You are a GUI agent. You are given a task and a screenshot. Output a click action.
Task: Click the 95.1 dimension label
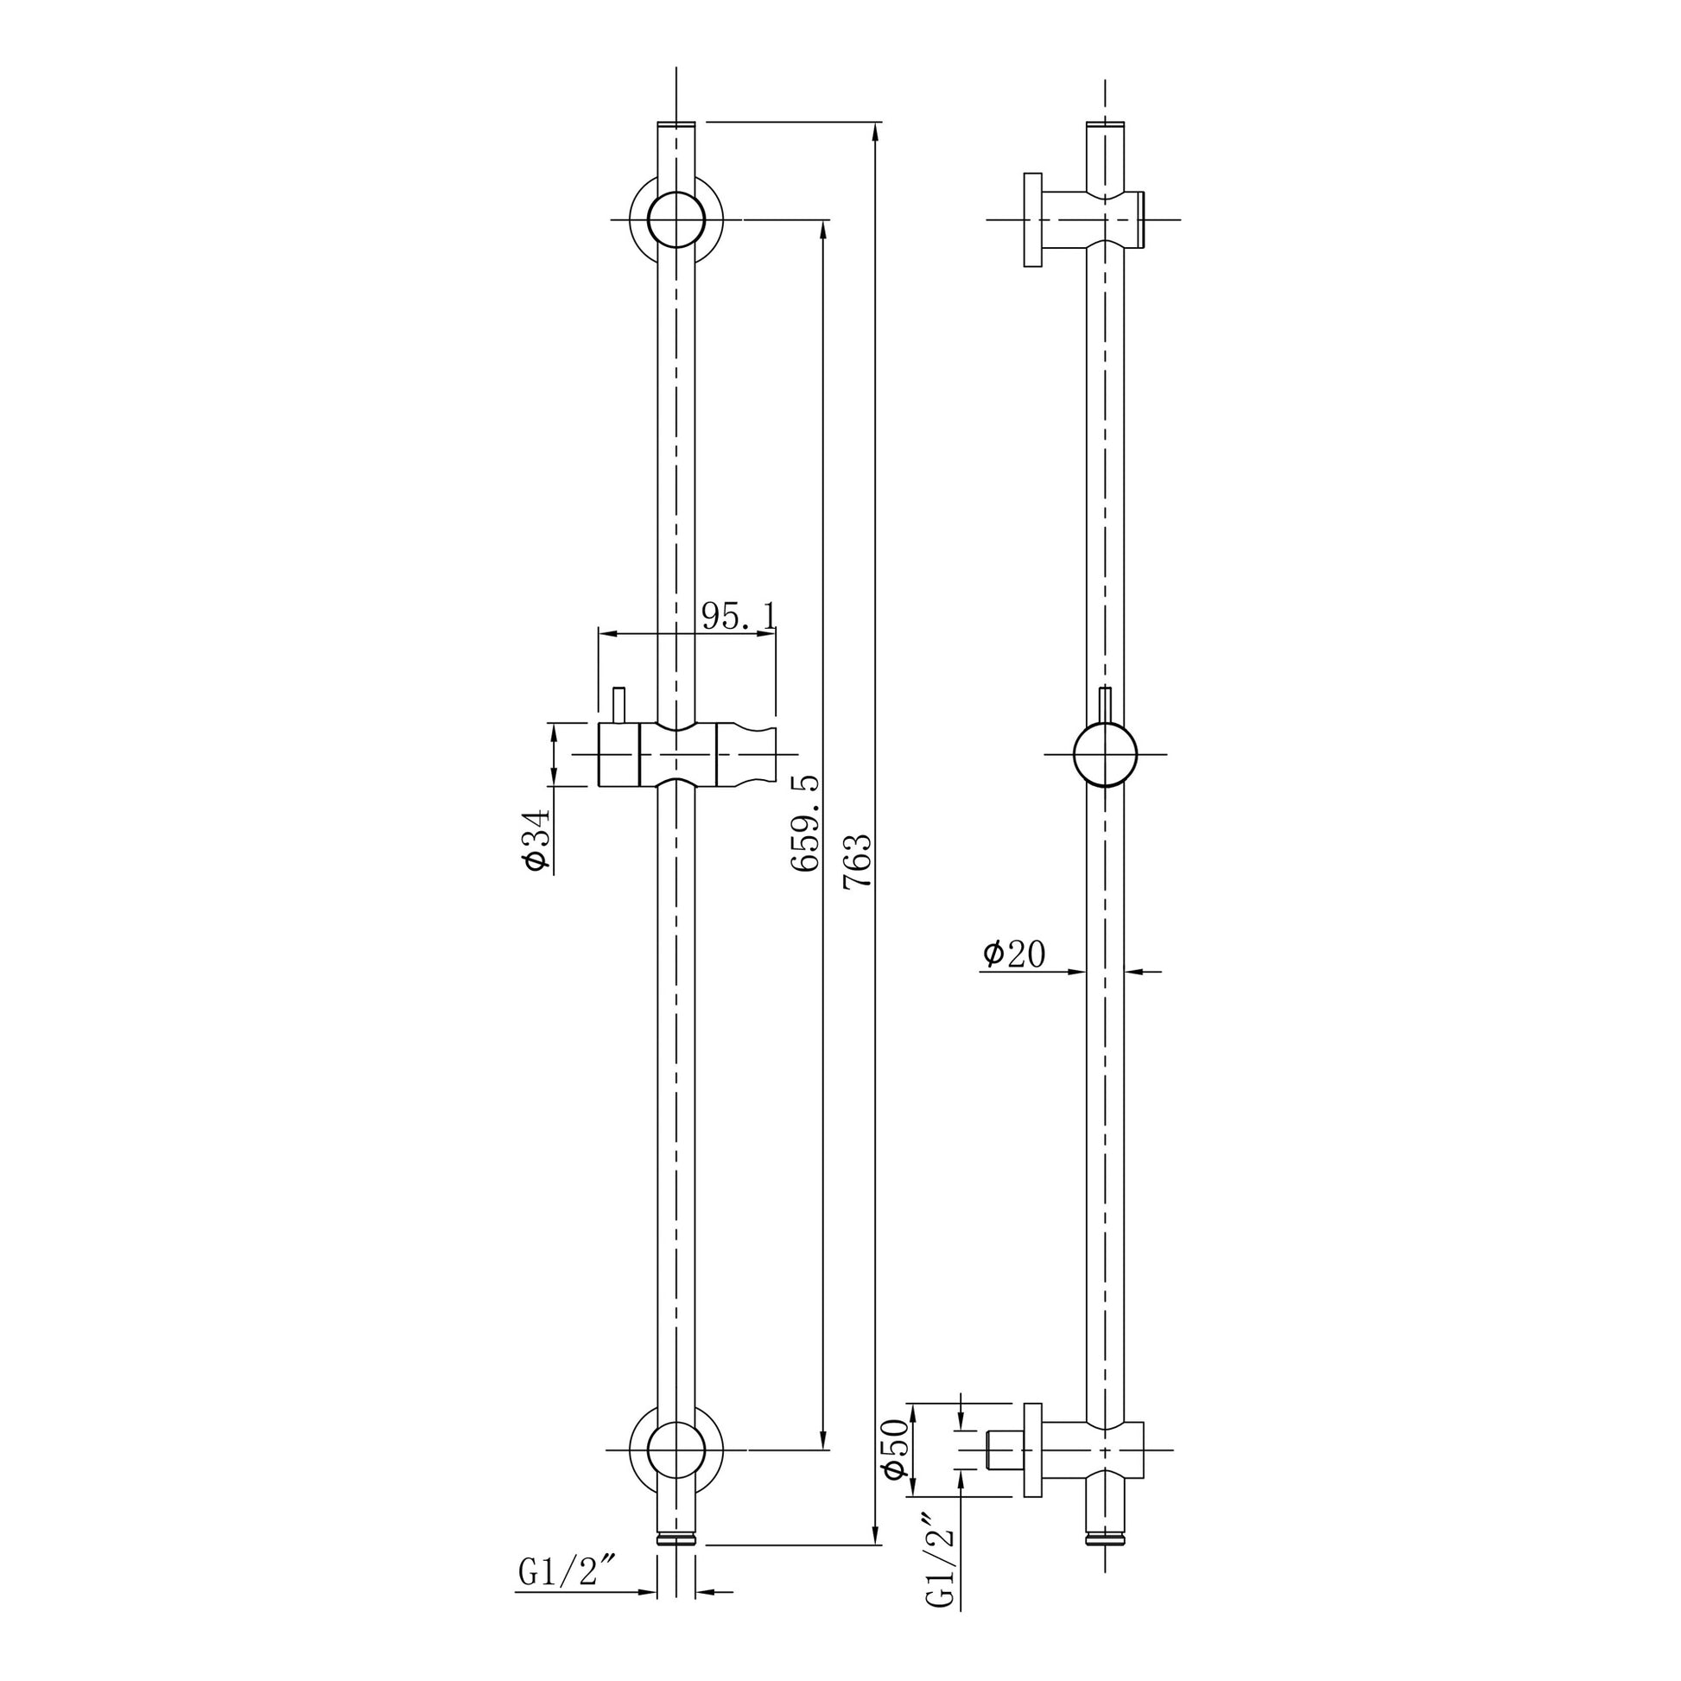tap(739, 617)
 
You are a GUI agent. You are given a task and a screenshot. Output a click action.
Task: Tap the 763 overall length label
tap(857, 860)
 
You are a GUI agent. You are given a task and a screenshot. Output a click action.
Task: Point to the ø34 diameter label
tap(536, 840)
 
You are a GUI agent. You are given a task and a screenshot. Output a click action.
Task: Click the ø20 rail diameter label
tap(1013, 954)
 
